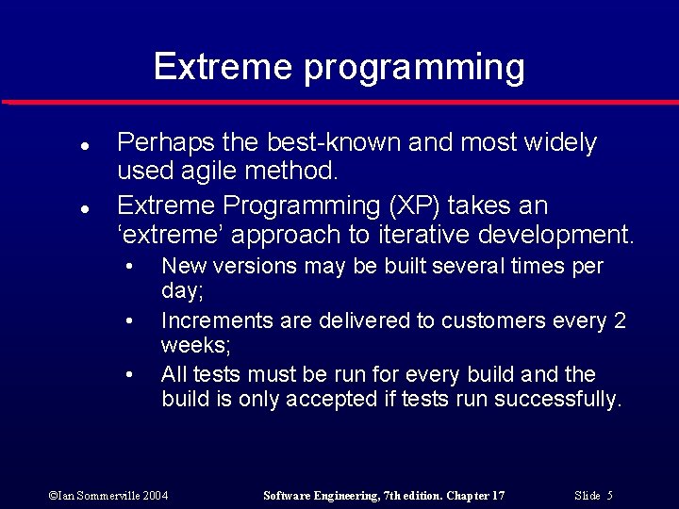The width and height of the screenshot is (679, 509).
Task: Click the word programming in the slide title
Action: click(414, 68)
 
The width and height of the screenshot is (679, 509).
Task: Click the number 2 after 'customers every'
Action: click(620, 321)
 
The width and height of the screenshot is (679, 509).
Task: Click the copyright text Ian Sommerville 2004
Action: click(108, 495)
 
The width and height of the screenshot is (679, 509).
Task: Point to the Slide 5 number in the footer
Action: click(594, 495)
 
